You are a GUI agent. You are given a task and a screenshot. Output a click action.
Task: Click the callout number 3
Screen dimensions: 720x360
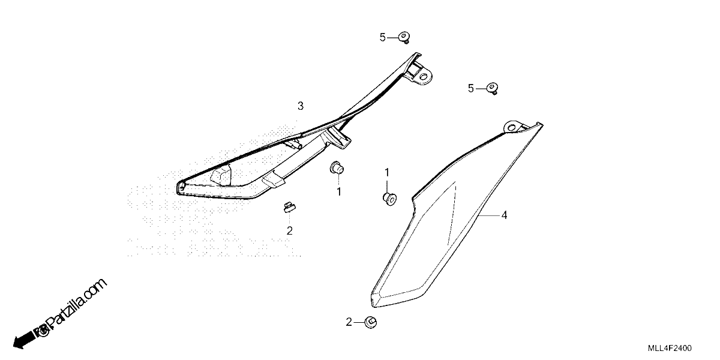pos(301,106)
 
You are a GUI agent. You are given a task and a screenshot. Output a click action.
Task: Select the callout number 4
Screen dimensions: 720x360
pos(505,215)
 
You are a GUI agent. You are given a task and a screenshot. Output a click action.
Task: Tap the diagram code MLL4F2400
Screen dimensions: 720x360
pos(670,348)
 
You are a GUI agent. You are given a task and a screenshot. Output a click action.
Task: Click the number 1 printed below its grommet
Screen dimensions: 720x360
pos(339,192)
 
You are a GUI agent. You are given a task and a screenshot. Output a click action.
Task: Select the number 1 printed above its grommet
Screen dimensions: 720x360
pos(387,173)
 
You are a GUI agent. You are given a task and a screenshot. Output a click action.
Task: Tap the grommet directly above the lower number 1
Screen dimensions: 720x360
pos(337,168)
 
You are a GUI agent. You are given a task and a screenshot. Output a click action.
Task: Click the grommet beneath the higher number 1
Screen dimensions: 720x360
pos(390,199)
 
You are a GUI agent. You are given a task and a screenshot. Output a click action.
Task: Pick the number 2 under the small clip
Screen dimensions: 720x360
pos(290,230)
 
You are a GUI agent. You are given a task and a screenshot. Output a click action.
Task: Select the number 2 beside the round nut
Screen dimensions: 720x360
pos(349,322)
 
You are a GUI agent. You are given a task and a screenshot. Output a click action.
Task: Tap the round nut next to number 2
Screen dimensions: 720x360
pos(371,322)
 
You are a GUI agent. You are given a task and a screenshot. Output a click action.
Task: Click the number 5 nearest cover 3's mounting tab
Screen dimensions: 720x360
pos(383,38)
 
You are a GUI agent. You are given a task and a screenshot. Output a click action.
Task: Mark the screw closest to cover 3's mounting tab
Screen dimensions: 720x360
pos(404,38)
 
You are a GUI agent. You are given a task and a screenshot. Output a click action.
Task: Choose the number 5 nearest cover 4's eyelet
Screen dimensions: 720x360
pos(471,88)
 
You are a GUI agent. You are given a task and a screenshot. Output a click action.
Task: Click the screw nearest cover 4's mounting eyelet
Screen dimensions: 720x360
pos(493,88)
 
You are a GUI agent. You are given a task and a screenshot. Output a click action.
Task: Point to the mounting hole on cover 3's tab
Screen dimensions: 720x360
pos(424,77)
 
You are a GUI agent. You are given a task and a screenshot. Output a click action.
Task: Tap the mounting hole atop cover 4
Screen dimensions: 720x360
pos(511,128)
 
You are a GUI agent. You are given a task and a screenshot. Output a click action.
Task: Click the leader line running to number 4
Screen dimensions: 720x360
pos(488,215)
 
